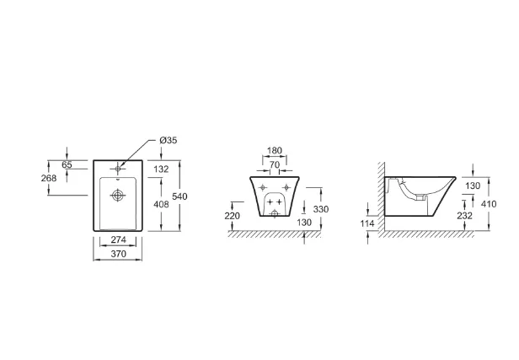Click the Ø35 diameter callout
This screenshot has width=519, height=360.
pyautogui.click(x=169, y=141)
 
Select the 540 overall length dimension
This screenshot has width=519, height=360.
pyautogui.click(x=179, y=196)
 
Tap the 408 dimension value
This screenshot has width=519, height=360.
pyautogui.click(x=161, y=204)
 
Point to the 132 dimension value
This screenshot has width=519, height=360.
pyautogui.click(x=161, y=169)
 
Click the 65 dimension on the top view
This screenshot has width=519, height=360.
pyautogui.click(x=67, y=164)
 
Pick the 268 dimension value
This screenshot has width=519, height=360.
pyautogui.click(x=49, y=178)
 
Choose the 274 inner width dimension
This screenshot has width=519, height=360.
pyautogui.click(x=118, y=239)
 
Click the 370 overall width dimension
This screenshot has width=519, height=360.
pyautogui.click(x=118, y=254)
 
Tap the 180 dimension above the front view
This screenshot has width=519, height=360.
pyautogui.click(x=275, y=151)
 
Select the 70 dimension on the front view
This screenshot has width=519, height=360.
pyautogui.click(x=275, y=164)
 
